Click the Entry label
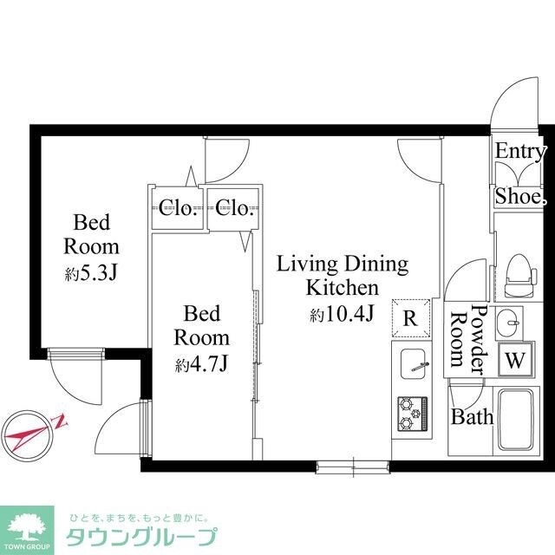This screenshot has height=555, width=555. (x=520, y=151)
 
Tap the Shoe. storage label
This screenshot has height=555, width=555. (x=520, y=197)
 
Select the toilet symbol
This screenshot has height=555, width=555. (x=517, y=268)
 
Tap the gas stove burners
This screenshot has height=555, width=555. (x=410, y=412)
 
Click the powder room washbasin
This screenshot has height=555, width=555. (x=509, y=324)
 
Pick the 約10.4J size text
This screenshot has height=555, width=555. (x=342, y=314)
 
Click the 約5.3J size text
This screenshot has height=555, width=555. (x=90, y=274)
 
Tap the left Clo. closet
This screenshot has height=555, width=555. (x=179, y=207)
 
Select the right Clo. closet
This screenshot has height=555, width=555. (x=234, y=207)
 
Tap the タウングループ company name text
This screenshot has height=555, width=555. (x=142, y=536)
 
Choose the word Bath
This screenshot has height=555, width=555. (x=472, y=417)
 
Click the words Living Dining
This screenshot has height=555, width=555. (x=342, y=264)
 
